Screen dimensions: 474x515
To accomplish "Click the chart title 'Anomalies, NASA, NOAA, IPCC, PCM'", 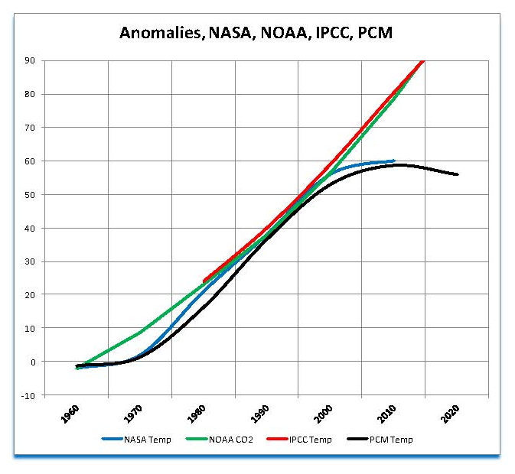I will click(256, 33).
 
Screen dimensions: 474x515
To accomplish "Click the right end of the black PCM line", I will click(458, 174).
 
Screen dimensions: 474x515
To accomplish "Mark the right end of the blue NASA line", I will click(394, 161).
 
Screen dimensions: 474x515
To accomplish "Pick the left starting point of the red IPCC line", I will click(204, 281).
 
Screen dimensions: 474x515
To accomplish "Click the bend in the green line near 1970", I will click(140, 332).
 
